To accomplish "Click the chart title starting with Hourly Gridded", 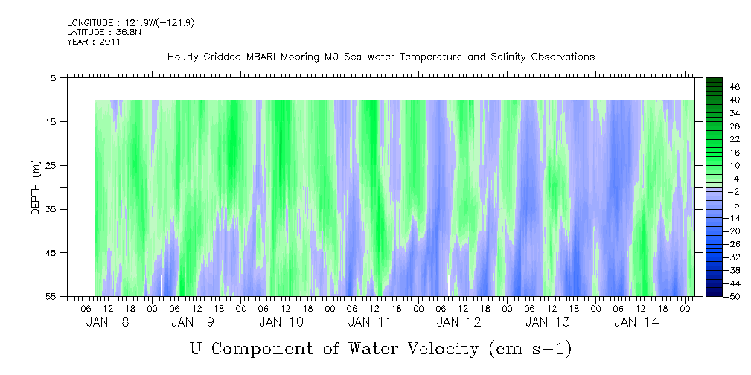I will pyautogui.click(x=380, y=57).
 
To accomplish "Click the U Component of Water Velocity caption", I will pyautogui.click(x=380, y=347).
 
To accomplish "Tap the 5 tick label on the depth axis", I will pyautogui.click(x=54, y=77).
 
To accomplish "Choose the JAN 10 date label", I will pyautogui.click(x=281, y=322).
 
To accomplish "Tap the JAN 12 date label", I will pyautogui.click(x=458, y=322).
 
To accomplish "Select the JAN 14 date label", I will pyautogui.click(x=636, y=322).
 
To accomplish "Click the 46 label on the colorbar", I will pyautogui.click(x=735, y=87).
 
